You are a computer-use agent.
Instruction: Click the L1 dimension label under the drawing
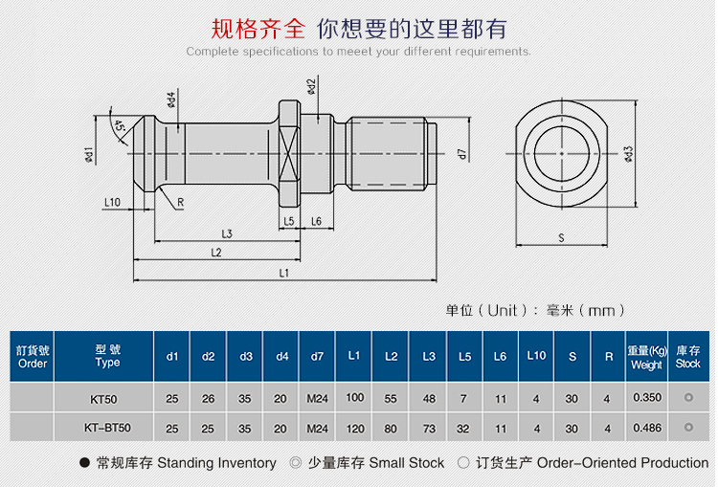click(x=283, y=273)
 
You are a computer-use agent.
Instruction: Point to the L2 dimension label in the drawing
click(x=215, y=252)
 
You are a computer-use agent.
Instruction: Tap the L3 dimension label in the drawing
click(x=227, y=233)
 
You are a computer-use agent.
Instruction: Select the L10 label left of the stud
click(x=112, y=202)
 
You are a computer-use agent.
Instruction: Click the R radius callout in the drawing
click(x=180, y=202)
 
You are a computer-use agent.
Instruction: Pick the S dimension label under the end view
click(x=561, y=236)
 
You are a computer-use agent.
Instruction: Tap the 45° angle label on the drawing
click(x=118, y=126)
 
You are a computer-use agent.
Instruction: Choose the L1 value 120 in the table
click(x=354, y=428)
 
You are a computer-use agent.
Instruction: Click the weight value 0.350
click(x=646, y=398)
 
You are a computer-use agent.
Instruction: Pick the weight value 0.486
click(x=646, y=428)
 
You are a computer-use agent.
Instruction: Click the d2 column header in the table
click(x=209, y=357)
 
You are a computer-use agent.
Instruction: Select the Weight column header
click(x=646, y=357)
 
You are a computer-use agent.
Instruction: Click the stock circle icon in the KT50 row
click(x=687, y=398)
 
